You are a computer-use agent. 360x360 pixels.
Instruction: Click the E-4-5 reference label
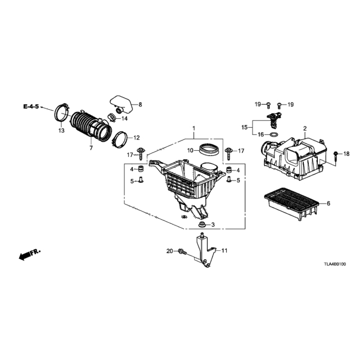(31, 106)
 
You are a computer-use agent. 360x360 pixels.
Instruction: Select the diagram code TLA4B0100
(335, 264)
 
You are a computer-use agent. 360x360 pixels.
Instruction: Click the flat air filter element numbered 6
(291, 204)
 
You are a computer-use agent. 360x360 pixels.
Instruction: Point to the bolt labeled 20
(182, 252)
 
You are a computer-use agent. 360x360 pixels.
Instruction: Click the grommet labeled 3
(202, 224)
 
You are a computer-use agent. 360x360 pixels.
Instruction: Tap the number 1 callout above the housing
(193, 128)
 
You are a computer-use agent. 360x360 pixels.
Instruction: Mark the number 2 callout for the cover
(305, 129)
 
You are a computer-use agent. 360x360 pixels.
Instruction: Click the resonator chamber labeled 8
(122, 105)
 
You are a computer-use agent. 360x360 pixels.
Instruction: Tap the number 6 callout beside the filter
(328, 203)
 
